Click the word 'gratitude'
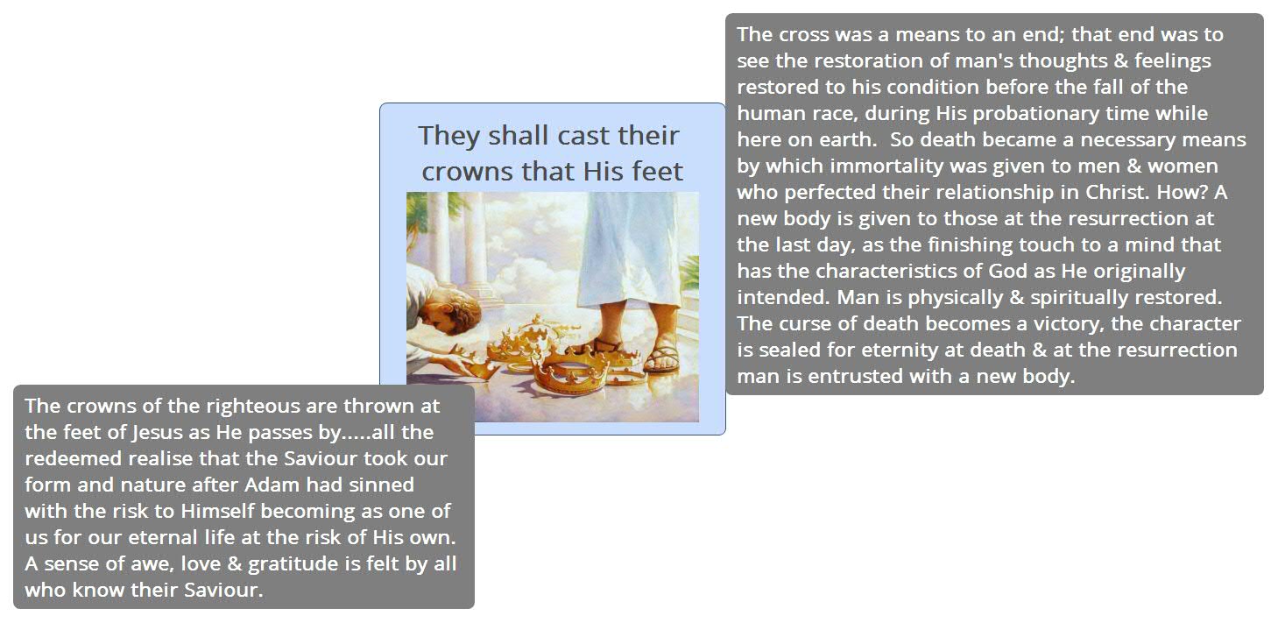coord(300,564)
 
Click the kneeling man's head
coord(442,309)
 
